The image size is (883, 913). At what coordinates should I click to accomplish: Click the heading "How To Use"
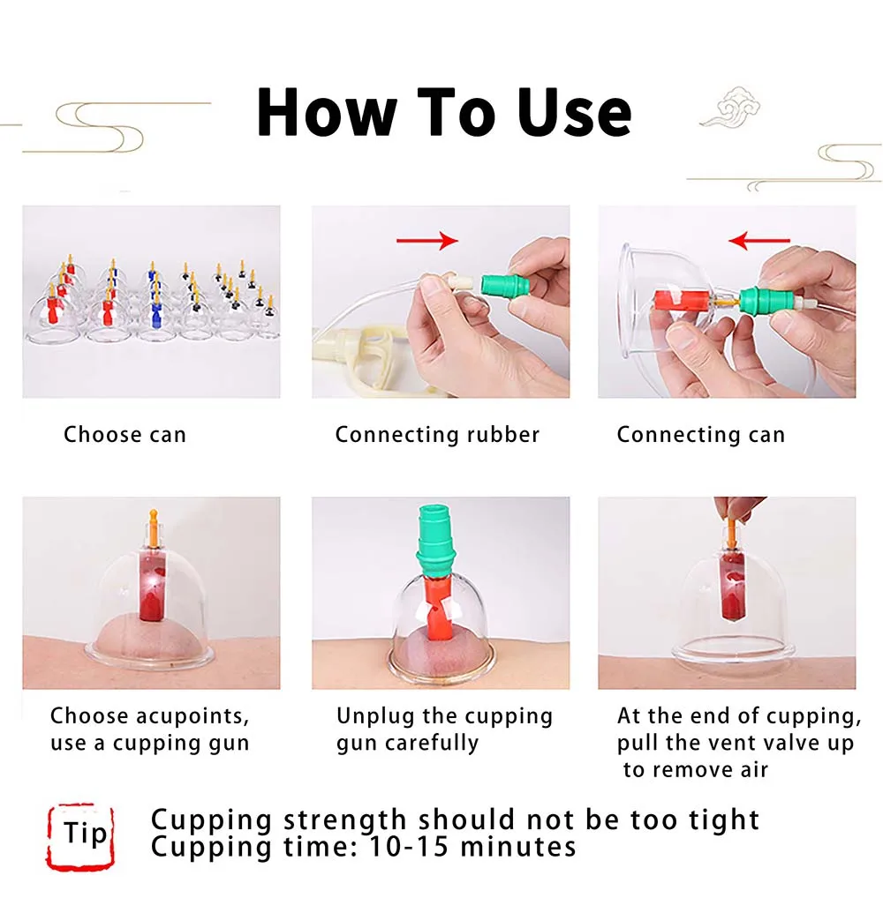(x=444, y=112)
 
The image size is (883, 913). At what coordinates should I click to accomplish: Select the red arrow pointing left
(x=760, y=240)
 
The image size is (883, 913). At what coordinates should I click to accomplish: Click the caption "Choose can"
(x=125, y=434)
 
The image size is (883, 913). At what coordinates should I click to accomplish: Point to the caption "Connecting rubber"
(x=437, y=434)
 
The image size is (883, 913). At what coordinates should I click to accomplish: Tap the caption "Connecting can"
(x=700, y=434)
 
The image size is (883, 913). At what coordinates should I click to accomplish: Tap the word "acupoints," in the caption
(x=193, y=715)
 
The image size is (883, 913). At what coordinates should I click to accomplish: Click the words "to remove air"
(x=696, y=769)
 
